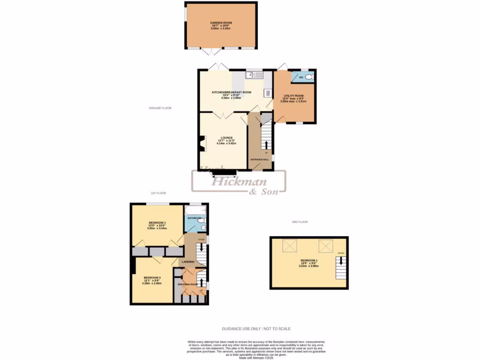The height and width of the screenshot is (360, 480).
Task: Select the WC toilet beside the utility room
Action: (308, 77)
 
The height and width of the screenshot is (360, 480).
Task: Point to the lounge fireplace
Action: (201, 144)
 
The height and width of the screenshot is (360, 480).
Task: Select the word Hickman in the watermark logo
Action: (239, 182)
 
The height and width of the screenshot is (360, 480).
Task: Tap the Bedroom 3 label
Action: (152, 277)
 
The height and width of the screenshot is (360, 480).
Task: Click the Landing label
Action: (188, 262)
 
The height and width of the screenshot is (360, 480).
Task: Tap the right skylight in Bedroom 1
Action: (325, 245)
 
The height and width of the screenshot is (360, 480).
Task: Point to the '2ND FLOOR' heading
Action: (300, 222)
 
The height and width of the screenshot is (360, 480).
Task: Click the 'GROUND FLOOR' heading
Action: (160, 108)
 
